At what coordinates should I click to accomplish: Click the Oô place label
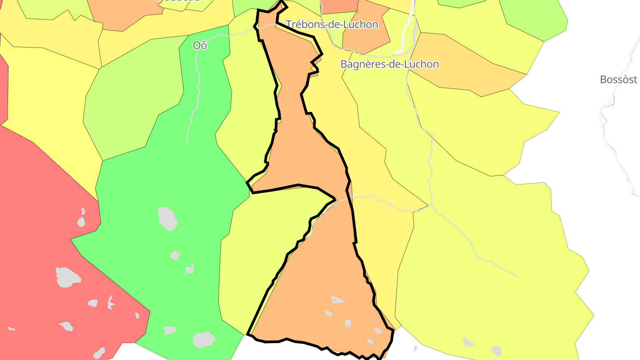coord(200,45)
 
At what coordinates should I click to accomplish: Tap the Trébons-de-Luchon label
coord(332,24)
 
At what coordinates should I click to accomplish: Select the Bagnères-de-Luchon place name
coord(389,64)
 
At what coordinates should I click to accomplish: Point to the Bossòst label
coord(618,80)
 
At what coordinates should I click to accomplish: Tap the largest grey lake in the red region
coord(68,276)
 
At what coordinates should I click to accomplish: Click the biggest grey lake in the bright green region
coord(168,218)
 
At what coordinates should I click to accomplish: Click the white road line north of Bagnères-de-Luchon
coord(407,31)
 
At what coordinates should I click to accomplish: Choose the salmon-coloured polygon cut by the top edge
coord(339,5)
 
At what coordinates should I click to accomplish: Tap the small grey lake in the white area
coord(415,348)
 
